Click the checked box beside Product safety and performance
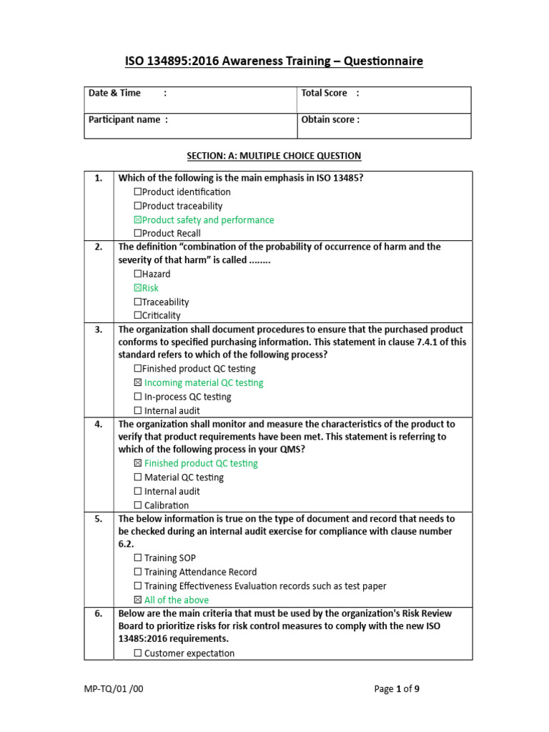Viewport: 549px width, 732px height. pos(138,220)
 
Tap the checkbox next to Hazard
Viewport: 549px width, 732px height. pos(138,274)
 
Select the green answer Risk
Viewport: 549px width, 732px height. pos(150,288)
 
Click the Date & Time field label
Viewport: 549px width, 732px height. pos(114,93)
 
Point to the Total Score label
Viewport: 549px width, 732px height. pos(325,93)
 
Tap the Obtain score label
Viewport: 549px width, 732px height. pos(330,120)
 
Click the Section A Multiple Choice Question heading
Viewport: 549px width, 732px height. pos(274,156)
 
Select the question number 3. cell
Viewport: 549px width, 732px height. pos(99,330)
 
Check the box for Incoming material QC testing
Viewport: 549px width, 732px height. pos(138,383)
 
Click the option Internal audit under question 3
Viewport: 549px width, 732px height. pos(172,411)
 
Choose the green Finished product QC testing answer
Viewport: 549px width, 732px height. pos(200,463)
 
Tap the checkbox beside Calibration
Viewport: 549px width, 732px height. pos(138,505)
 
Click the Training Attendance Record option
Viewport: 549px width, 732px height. pos(200,572)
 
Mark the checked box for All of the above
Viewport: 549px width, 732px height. pos(138,600)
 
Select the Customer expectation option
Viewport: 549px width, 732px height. pos(189,653)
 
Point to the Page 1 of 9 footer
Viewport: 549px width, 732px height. pos(402,689)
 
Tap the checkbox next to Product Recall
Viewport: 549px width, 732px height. pos(138,234)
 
